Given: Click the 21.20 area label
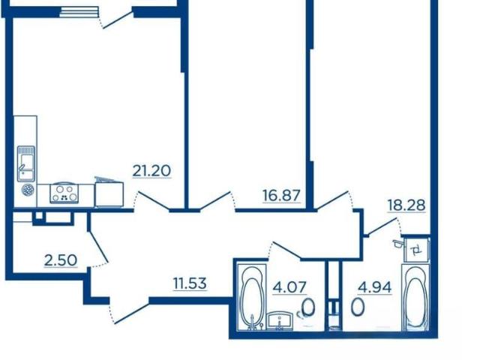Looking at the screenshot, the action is [151, 171].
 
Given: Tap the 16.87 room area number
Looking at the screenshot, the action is [282, 196].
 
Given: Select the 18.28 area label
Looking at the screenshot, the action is [406, 205].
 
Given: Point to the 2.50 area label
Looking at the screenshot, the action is [61, 260].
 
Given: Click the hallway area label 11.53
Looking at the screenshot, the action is [190, 283].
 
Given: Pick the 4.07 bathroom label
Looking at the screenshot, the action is [289, 287].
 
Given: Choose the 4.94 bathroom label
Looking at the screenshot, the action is [375, 287].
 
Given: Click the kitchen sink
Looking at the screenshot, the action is [26, 163].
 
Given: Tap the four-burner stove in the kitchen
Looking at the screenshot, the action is [64, 193].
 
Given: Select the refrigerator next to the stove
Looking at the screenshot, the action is [109, 193].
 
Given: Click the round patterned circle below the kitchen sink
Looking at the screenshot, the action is [28, 190].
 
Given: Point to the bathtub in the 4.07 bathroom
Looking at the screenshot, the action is [253, 298].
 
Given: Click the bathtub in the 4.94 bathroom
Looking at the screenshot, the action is [415, 298].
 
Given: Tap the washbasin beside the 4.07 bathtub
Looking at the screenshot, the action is [280, 320].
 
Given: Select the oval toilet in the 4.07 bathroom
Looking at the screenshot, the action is [308, 307].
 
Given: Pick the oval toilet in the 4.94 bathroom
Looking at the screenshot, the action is [358, 307].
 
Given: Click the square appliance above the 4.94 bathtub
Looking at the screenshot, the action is [417, 250].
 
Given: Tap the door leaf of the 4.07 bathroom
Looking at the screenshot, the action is [286, 250].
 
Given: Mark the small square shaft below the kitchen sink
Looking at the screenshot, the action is [39, 215].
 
